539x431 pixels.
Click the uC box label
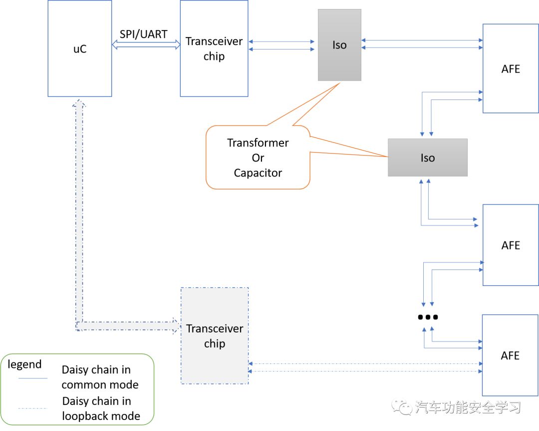coord(80,49)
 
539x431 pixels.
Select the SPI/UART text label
coord(143,34)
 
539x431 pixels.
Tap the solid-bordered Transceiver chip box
coord(214,48)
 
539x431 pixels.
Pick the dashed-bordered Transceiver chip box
coord(214,336)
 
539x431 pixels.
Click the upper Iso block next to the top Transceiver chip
coord(339,45)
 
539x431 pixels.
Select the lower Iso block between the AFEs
coord(428,157)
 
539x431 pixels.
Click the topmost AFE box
coord(511,69)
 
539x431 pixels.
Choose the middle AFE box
coord(511,245)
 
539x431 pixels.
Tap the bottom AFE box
coord(511,355)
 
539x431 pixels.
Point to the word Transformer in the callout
coord(258,142)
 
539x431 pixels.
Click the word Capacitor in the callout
coord(258,173)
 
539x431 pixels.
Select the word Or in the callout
coord(258,158)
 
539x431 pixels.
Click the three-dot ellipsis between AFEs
coord(428,317)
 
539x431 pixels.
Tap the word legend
coord(24,364)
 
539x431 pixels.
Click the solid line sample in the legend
coord(33,378)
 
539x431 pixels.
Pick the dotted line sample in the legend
coord(33,409)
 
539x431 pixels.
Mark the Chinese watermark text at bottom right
coord(467,407)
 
